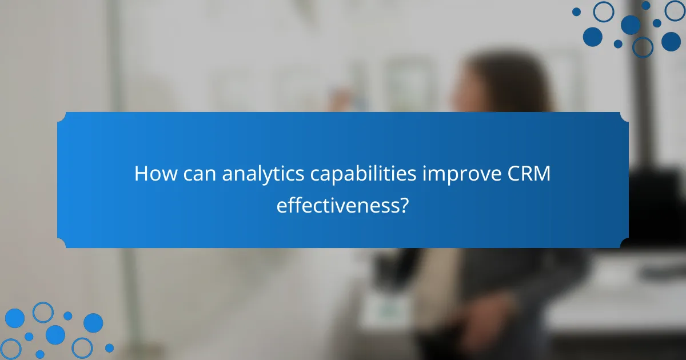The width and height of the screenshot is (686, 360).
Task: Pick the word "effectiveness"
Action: pos(337,205)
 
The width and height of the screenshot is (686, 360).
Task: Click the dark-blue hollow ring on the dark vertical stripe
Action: pos(643,47)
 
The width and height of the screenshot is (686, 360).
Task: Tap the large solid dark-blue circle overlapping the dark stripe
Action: pos(631,25)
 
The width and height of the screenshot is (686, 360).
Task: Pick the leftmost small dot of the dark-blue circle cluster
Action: pos(576,11)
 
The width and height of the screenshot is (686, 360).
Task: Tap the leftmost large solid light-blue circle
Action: pos(14,318)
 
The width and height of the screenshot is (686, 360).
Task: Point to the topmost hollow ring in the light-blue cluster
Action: pos(43,312)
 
